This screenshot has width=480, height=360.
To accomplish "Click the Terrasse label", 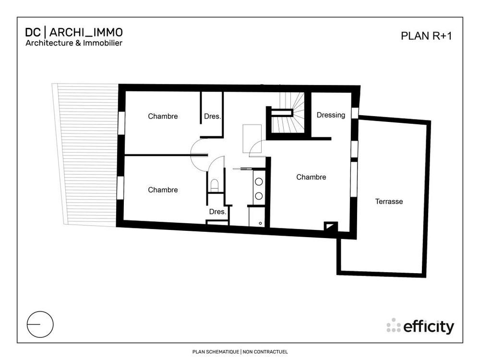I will coord(389,202).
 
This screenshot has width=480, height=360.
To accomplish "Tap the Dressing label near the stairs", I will coord(331,115).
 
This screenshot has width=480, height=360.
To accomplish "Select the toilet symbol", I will coord(215,184).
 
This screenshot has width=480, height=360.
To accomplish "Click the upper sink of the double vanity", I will coord(259,182).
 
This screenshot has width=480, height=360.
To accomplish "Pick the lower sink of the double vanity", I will coord(259,195).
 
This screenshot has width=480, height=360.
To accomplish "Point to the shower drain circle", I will coord(260,223).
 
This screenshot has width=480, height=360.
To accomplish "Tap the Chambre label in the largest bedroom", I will coord(311,177).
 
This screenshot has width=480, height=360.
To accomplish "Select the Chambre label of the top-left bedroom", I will coord(163,116).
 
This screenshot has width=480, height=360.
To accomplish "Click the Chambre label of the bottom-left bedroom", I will coord(163,190).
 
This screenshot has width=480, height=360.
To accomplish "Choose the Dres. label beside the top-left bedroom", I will coord(212,116).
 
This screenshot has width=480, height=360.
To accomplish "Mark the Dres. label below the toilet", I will coord(217,212).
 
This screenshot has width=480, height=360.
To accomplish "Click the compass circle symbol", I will coord(40,324).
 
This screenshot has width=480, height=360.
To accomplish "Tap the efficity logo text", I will coord(428,327).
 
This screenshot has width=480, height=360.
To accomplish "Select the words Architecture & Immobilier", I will coord(73,43).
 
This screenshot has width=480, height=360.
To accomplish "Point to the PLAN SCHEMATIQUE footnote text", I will coord(240,352).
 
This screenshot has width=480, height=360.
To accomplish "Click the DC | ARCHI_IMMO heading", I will coord(74,32).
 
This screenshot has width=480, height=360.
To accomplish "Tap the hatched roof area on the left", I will coord(86,154).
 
